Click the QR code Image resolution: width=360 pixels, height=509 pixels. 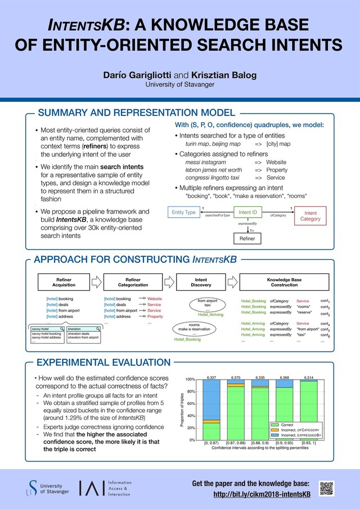pos(327,488)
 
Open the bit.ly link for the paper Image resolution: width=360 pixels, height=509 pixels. pos(262,494)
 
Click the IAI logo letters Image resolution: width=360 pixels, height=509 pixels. pos(91,488)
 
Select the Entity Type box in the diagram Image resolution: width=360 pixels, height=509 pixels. pos(183,212)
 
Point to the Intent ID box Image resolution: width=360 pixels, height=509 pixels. pos(247,212)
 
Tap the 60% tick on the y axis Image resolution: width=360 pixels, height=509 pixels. pos(190,404)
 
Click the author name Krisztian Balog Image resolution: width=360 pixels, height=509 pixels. pos(219,75)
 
